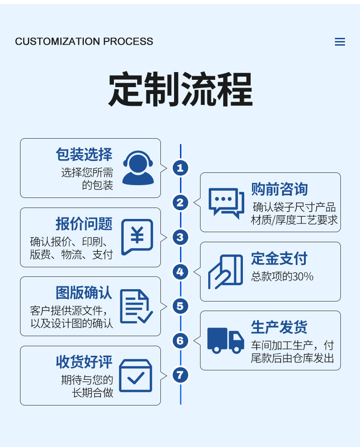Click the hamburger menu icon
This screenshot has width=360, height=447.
pos(340,42)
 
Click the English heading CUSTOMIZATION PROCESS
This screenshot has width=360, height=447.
pos(84,42)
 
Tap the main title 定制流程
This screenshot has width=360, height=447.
pos(180,89)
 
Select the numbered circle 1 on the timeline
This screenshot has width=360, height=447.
pos(180,168)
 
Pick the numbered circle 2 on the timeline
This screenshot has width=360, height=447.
pos(180,203)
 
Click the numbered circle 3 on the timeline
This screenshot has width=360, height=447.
pos(180,237)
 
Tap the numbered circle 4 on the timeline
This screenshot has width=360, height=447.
pos(180,272)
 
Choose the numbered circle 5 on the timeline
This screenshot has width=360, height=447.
pos(180,306)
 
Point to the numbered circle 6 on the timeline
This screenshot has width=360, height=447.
pos(180,341)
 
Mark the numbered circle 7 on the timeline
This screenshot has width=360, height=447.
pos(180,375)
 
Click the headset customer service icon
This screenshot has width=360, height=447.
pos(138,168)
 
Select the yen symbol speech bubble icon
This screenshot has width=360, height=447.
pos(137,237)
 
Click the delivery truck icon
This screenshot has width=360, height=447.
pos(226,340)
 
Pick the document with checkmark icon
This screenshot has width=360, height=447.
pos(136,307)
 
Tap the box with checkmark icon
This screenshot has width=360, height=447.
pos(135,376)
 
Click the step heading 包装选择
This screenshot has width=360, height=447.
pos(84,155)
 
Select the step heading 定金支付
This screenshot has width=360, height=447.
pos(279,259)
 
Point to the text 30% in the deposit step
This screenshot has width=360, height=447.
pos(303,276)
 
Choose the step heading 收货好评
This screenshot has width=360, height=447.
pos(84,362)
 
